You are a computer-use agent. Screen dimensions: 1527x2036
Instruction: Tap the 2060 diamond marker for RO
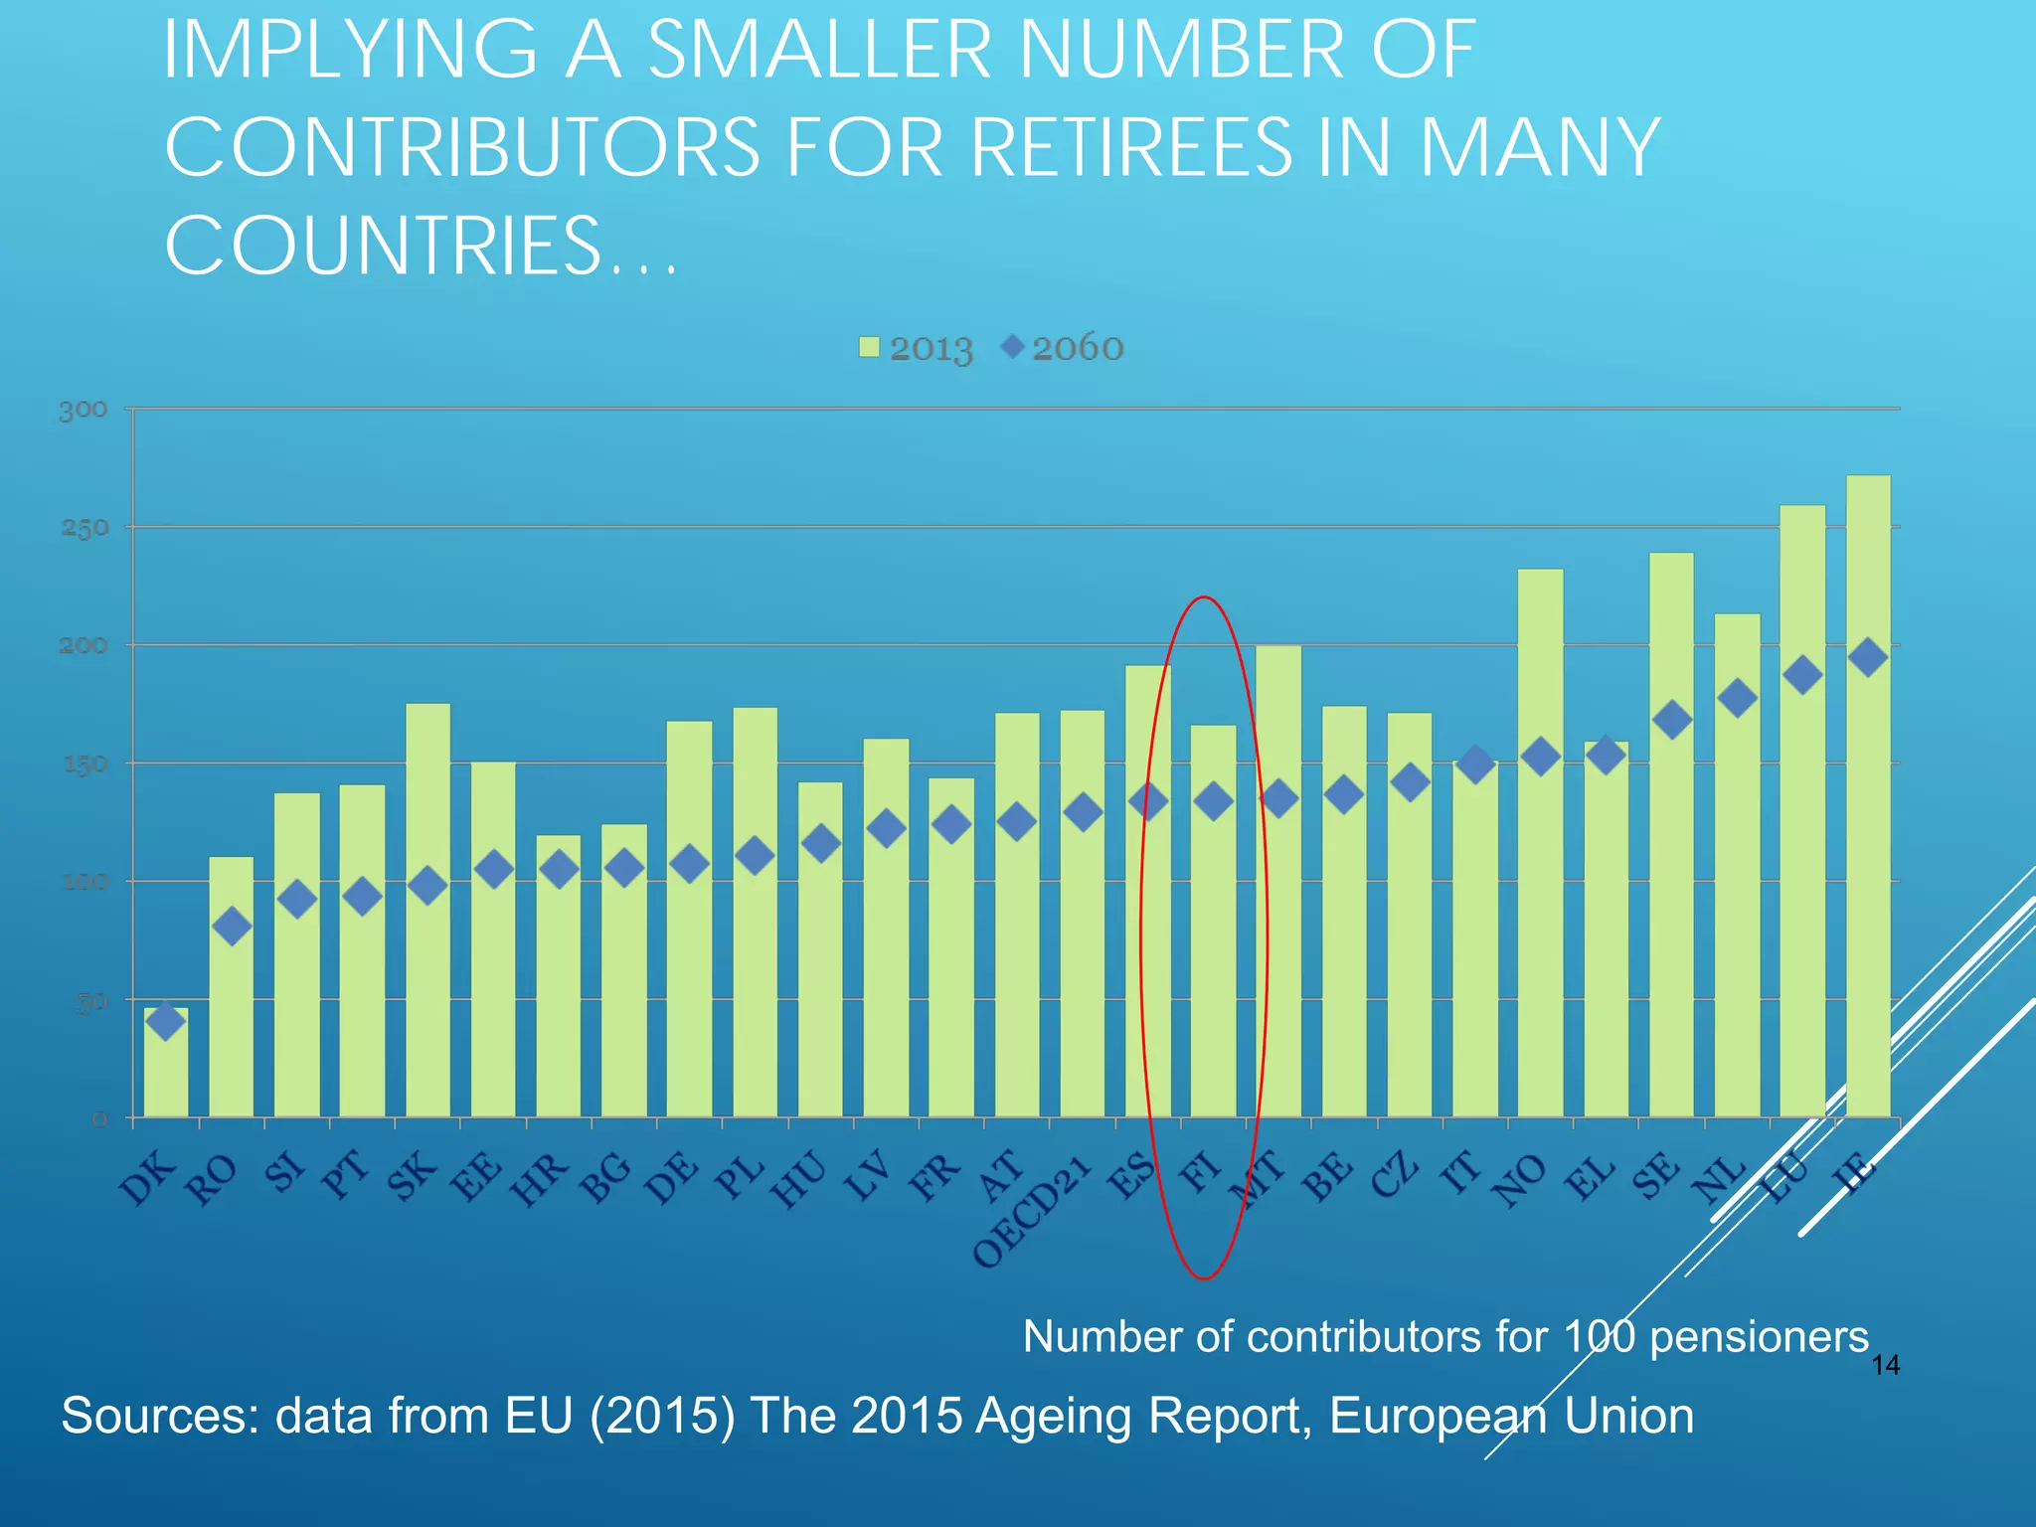point(232,927)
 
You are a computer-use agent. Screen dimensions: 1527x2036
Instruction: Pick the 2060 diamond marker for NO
point(1541,758)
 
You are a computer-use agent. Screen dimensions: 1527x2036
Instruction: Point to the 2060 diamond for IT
point(1475,763)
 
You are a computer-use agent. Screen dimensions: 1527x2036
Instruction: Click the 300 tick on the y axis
point(84,410)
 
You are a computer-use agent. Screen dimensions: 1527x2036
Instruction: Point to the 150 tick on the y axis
point(84,764)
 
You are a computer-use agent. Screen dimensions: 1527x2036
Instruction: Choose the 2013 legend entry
point(916,348)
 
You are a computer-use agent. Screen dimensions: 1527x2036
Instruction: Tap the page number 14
point(1885,1366)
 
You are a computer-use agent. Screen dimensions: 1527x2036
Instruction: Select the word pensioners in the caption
point(1759,1336)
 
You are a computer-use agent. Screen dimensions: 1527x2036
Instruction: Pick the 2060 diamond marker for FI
point(1214,800)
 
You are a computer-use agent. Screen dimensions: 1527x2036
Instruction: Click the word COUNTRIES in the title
point(384,246)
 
